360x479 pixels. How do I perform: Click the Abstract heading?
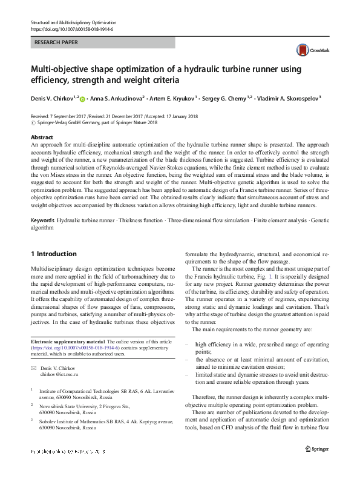click(x=42, y=137)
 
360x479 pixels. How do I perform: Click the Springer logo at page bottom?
click(x=316, y=449)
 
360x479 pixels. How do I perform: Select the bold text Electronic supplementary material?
click(x=67, y=342)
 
